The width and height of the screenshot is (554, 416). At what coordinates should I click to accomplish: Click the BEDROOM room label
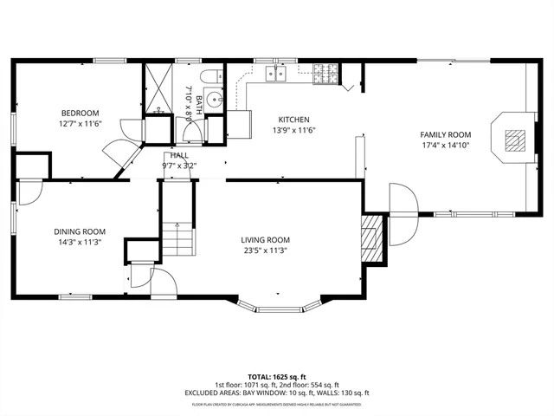(80, 113)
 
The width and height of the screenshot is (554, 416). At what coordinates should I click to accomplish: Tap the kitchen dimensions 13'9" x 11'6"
(293, 131)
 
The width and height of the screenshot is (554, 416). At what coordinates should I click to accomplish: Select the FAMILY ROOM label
(445, 134)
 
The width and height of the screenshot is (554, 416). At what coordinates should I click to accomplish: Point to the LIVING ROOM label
(265, 240)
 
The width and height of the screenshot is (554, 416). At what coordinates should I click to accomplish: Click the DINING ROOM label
(80, 231)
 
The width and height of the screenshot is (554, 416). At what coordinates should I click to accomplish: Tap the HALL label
(179, 154)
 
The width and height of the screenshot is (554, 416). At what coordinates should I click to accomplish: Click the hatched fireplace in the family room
(513, 139)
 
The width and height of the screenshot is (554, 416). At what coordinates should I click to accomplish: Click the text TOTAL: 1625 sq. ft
(276, 378)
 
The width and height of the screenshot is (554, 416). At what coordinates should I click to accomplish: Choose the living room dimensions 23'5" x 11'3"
(265, 250)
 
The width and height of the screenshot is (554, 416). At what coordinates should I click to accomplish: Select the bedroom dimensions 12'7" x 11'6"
(80, 123)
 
